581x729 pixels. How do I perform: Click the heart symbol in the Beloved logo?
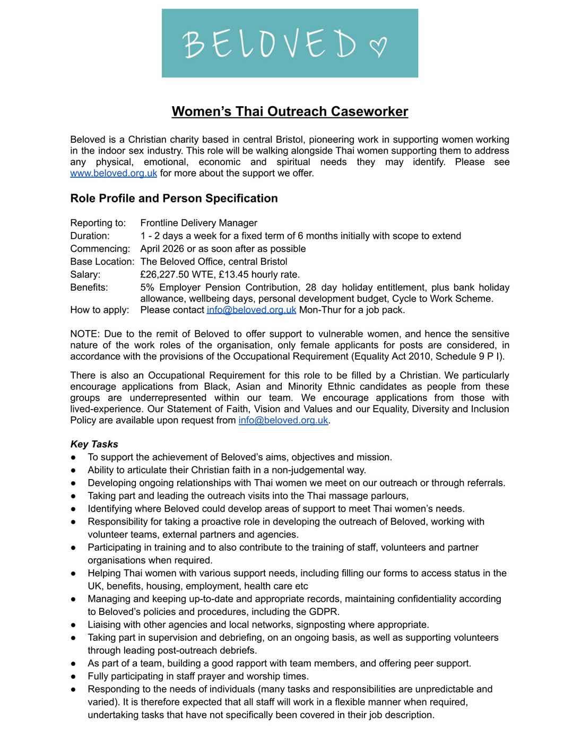[x=378, y=47]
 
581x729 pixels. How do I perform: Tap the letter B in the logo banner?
[x=194, y=44]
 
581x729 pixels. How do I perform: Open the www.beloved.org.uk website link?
[x=114, y=173]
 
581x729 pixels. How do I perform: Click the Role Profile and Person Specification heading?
[x=174, y=198]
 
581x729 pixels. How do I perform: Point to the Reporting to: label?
[x=98, y=223]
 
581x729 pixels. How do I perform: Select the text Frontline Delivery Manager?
[x=198, y=223]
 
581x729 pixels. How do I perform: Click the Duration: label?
[x=90, y=236]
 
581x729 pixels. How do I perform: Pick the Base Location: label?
[x=102, y=262]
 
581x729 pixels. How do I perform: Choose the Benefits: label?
[x=89, y=288]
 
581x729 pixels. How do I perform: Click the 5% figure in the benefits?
[x=148, y=288]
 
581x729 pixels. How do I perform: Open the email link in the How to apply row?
[x=252, y=310]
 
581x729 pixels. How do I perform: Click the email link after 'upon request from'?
[x=283, y=421]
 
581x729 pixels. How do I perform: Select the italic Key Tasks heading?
[x=94, y=445]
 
